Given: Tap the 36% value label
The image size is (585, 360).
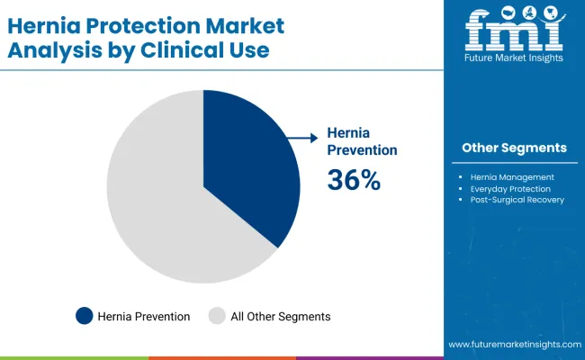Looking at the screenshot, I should coord(354,180).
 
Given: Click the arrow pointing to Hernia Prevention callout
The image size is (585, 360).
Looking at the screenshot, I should coord(302,137).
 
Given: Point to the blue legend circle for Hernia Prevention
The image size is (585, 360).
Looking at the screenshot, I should coord(85,316).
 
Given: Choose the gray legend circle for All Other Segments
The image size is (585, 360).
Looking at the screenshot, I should coord(217,316).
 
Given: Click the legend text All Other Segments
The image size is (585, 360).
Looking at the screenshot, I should coord(280,316).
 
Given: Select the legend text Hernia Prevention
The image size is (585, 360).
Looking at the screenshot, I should coord(144,316).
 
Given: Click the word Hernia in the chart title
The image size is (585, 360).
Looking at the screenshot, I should coord(49,24).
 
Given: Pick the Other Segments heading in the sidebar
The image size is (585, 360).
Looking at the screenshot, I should coord(514,148).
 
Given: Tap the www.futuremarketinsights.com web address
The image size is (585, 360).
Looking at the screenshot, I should coord(512,345).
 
